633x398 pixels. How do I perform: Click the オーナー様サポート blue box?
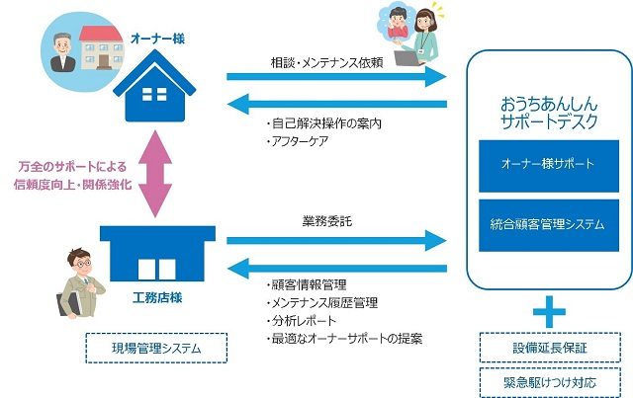(x=549, y=166)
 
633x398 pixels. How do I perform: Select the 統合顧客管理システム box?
(x=549, y=225)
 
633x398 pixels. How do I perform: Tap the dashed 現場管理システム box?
(x=156, y=348)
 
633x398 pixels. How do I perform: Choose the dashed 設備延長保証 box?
(x=550, y=348)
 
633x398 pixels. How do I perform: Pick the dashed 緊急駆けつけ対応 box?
(x=550, y=382)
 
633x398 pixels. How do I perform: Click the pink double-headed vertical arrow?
(x=155, y=174)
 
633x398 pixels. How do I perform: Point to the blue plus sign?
(x=549, y=312)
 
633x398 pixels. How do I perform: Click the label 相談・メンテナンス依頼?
(x=327, y=63)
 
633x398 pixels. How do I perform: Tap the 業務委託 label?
(x=327, y=221)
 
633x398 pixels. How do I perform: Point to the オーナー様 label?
(x=158, y=39)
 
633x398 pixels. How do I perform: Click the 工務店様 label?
(x=157, y=297)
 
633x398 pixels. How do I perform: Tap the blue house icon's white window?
(x=154, y=94)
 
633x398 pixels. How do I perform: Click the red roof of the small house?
(x=101, y=34)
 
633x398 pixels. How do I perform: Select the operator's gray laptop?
(x=408, y=58)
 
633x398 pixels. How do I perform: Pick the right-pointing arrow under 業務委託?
(x=336, y=241)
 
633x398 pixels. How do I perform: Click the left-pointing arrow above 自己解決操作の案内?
(x=337, y=105)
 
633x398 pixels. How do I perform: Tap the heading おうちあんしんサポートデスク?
(x=549, y=113)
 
